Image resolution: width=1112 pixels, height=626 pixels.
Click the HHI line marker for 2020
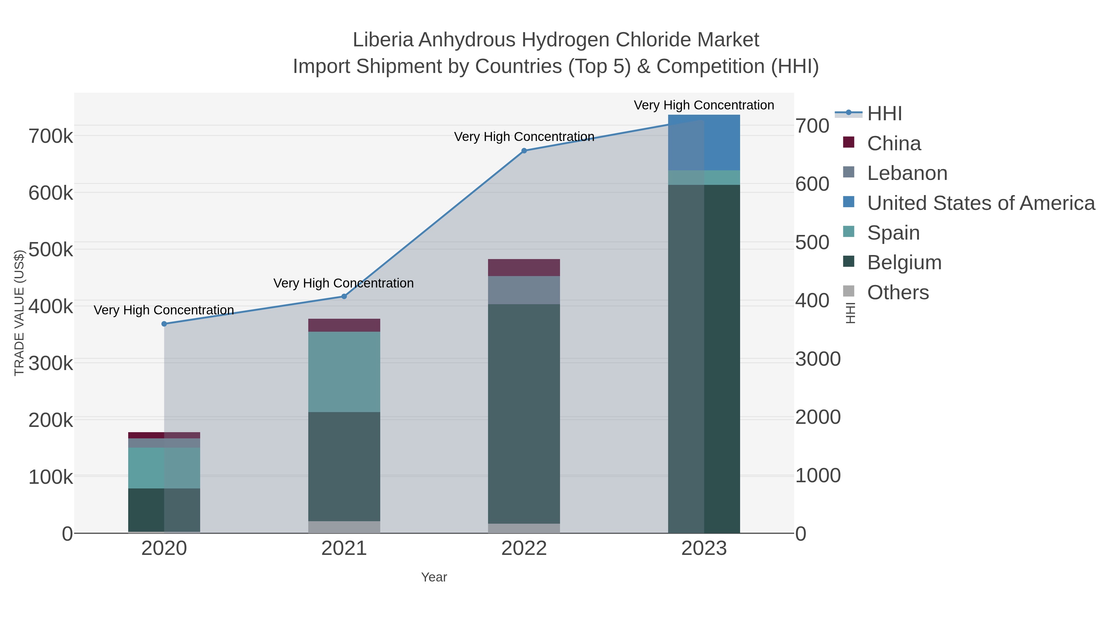point(164,324)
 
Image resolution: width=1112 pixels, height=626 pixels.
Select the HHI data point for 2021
point(344,296)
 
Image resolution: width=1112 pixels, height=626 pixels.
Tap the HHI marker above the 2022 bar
point(524,151)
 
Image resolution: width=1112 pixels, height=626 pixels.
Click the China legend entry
point(894,143)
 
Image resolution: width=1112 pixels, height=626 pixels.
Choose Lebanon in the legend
point(907,173)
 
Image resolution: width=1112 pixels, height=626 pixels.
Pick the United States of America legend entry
point(981,203)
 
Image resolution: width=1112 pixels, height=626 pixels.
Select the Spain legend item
point(893,233)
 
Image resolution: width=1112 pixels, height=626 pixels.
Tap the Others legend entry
point(898,292)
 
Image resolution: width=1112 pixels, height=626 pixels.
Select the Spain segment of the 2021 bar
point(344,372)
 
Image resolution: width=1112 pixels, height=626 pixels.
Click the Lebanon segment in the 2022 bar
point(524,290)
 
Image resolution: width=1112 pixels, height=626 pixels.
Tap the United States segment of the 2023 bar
point(704,143)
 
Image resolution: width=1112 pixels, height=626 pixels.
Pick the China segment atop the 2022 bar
point(524,267)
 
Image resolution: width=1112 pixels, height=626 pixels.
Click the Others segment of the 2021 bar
point(344,527)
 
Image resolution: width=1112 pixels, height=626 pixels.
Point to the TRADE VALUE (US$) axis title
point(19,313)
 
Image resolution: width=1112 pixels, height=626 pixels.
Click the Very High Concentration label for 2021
point(343,283)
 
